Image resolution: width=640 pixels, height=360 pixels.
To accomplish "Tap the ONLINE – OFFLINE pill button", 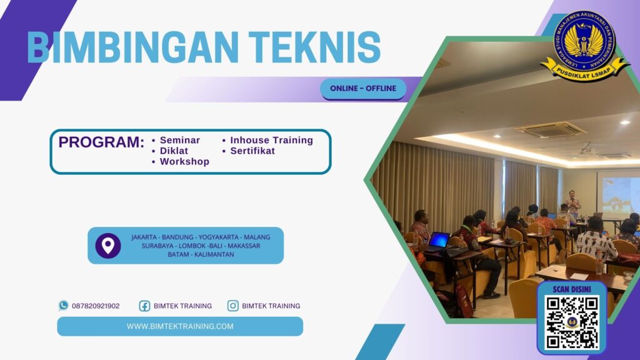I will point(363,88).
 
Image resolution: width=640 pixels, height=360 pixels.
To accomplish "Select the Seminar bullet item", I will point(179,140).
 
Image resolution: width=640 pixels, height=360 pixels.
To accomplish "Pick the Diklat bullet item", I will point(174,151).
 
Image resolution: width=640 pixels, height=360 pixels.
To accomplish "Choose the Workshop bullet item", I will point(184,161).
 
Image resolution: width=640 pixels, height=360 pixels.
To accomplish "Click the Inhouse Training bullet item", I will point(271,140).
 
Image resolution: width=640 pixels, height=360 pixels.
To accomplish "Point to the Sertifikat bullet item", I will point(252,151).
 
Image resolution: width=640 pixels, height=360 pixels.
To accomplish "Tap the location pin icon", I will point(108,246).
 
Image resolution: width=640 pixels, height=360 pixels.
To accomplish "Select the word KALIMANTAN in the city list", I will point(214,254).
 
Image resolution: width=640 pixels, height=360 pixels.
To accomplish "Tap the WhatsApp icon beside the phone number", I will point(63,306).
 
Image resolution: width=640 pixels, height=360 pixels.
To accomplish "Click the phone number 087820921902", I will point(96,306).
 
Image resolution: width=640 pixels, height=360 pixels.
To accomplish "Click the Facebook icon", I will point(144,306).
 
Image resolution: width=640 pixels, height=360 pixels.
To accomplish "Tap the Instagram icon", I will point(233,306).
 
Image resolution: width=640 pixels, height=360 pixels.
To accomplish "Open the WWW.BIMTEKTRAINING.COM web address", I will point(180,326).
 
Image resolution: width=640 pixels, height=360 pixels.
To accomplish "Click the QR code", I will point(572,322).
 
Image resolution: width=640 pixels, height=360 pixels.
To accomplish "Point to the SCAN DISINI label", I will point(572,289).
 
